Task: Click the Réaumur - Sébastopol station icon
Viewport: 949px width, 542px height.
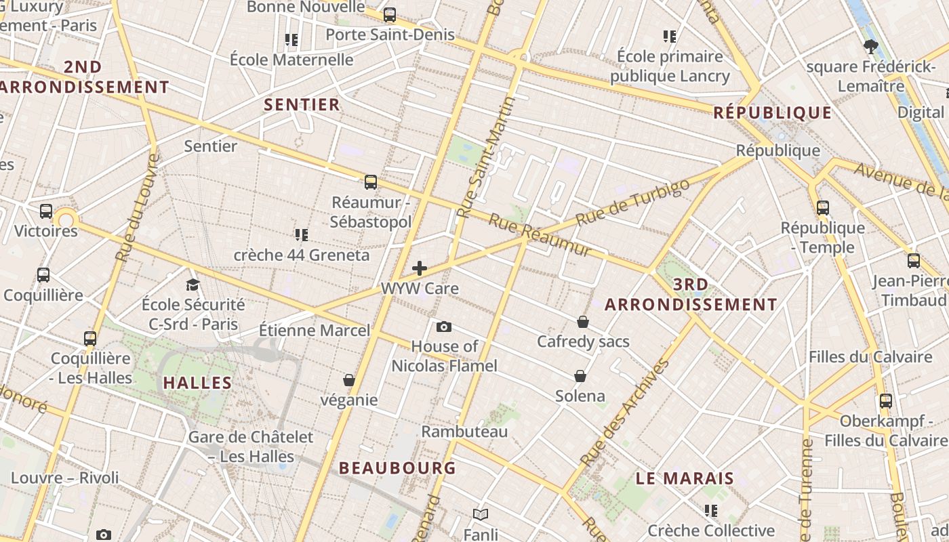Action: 370,182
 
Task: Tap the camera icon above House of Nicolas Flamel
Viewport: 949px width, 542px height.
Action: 444,327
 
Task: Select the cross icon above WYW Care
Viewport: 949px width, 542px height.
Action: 420,268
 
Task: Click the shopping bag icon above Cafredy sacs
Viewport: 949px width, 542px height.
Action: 583,322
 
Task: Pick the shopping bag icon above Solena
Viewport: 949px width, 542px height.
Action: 580,376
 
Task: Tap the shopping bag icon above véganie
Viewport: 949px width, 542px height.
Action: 349,380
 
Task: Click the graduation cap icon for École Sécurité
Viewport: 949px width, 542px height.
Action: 193,285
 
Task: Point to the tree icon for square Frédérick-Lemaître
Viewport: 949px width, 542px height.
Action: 870,47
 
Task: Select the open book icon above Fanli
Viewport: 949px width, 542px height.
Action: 481,514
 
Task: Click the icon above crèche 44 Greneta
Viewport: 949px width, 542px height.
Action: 302,235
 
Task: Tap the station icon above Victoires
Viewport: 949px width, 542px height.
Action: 46,211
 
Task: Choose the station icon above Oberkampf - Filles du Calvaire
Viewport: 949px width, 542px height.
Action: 886,401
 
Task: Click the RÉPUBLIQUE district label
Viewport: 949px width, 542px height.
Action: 773,113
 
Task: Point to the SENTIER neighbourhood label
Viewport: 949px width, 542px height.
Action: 302,104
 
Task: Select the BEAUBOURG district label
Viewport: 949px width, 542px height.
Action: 397,468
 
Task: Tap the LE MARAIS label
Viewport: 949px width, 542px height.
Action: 685,478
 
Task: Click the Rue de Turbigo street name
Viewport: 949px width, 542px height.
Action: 632,202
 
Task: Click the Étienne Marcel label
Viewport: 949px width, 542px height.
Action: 315,331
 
